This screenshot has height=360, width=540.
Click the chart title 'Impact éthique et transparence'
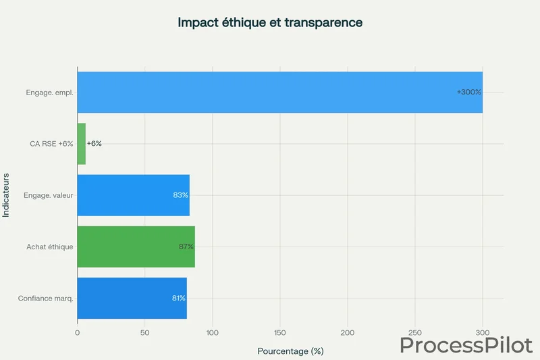point(270,22)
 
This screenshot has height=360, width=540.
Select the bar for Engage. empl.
point(279,92)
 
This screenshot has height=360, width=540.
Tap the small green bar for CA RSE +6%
point(81,144)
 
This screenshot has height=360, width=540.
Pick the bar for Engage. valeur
point(133,195)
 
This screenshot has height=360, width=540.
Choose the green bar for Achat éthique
point(136,247)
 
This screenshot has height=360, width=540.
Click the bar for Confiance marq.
point(132,298)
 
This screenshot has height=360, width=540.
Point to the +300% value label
point(468,92)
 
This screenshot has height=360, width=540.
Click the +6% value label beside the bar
point(94,144)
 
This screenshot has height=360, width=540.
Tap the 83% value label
point(180,195)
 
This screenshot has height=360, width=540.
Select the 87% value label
point(186,247)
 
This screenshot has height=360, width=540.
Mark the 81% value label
point(178,298)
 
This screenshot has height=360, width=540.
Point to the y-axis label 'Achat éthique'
point(50,247)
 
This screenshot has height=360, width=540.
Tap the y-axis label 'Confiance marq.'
point(46,298)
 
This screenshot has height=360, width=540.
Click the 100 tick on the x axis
point(212,333)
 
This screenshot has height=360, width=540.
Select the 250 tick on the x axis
point(415,333)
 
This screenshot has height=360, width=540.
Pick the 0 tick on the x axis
point(78,333)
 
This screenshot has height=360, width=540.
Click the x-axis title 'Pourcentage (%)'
point(290,351)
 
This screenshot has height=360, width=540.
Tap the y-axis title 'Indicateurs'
point(6,195)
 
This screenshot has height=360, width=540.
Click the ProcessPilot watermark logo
point(466,344)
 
